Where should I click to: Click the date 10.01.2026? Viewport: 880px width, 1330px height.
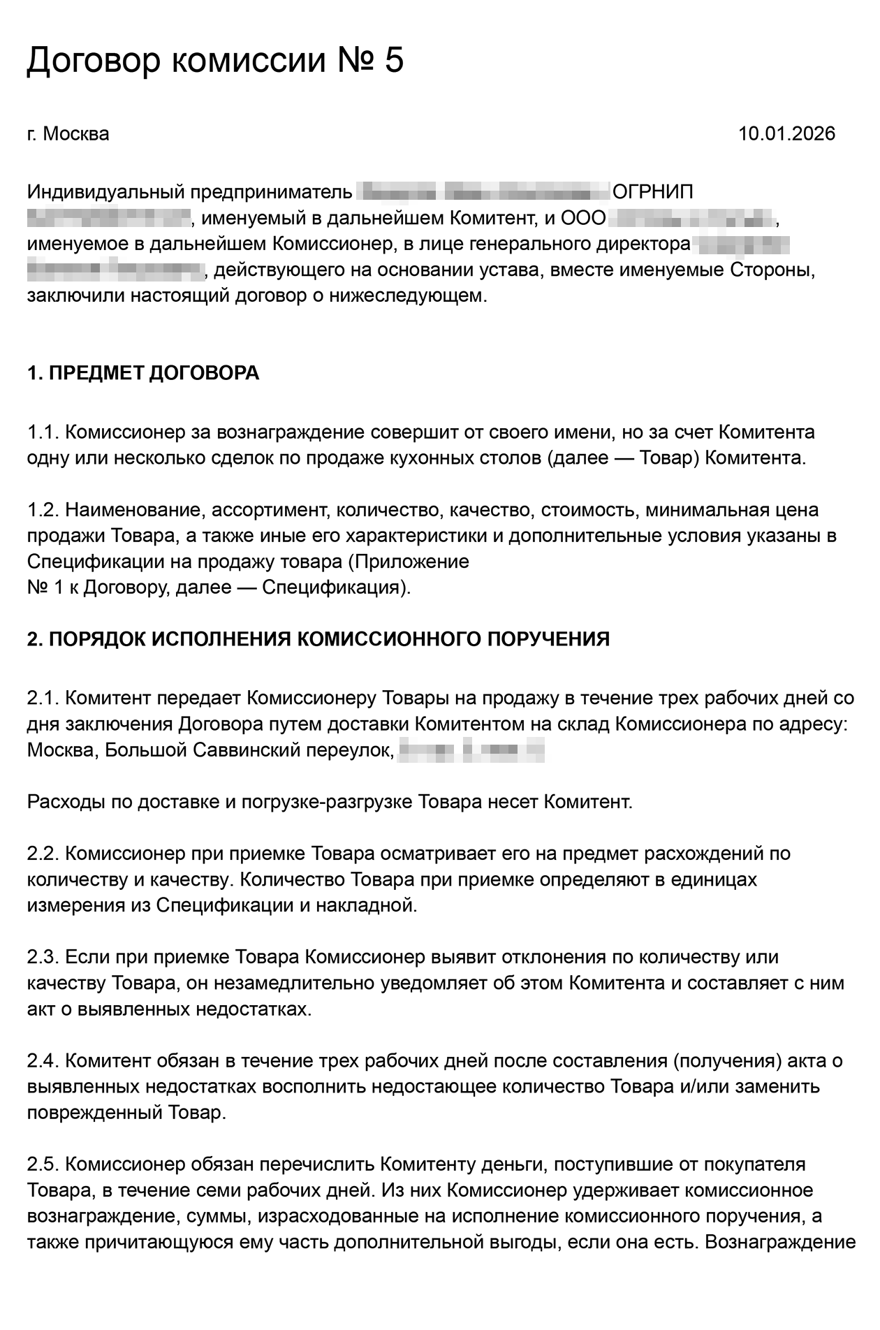[786, 133]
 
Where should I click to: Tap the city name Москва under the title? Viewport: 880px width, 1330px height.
[76, 133]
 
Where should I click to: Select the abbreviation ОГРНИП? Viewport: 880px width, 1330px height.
[652, 192]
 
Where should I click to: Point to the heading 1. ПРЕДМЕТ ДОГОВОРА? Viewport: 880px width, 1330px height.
[143, 373]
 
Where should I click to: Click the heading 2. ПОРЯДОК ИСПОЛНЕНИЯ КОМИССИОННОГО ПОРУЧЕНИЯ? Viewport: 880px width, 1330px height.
[318, 639]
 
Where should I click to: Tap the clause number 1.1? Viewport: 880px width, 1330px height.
[43, 432]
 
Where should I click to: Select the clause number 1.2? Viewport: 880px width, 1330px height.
[43, 511]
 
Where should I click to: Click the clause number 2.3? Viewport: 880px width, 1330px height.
[43, 957]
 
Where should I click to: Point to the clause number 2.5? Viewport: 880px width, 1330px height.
[43, 1164]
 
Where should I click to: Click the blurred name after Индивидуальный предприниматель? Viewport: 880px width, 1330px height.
[483, 192]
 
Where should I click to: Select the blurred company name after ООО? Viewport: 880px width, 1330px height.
[692, 219]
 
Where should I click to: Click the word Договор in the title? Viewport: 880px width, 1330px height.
[94, 61]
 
